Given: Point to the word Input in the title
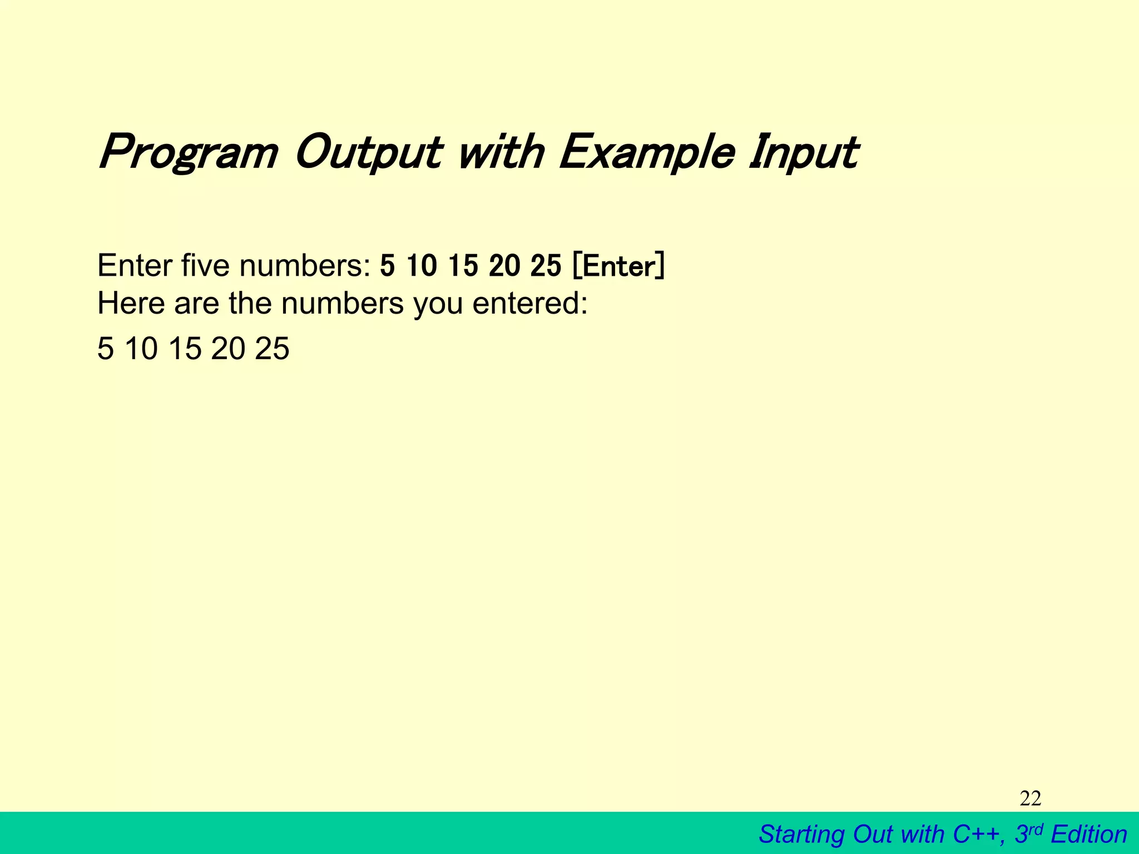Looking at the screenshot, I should click(803, 152).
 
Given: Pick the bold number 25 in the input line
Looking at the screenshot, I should click(546, 266).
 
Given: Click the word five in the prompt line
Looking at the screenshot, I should click(205, 266).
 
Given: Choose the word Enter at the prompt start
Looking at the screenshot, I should click(134, 266).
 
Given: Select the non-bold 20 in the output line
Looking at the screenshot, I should click(228, 349).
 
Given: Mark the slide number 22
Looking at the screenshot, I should click(1031, 799).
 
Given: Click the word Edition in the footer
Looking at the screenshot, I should click(1089, 835).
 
